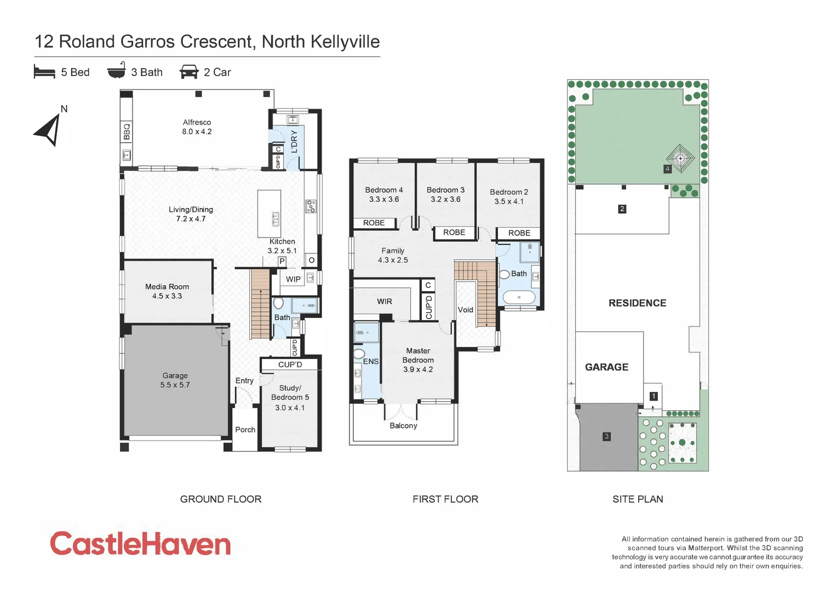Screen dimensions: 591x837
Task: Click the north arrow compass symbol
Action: point(48,130)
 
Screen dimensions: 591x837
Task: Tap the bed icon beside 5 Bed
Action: point(44,72)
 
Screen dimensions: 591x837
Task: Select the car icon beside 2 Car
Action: point(189,72)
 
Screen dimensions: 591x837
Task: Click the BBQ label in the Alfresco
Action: point(127,131)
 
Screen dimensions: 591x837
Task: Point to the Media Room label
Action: point(167,287)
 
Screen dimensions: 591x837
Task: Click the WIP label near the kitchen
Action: point(293,279)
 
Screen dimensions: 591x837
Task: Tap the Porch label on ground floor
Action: point(245,430)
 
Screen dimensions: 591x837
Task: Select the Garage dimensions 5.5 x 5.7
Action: point(175,385)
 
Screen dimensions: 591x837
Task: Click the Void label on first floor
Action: point(465,310)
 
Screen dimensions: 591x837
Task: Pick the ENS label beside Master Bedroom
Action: point(370,361)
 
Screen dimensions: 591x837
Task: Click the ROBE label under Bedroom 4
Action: point(374,223)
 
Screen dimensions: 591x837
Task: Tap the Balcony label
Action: point(403,426)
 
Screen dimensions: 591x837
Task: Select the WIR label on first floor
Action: point(384,302)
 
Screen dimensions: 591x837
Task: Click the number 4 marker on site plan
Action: point(667,169)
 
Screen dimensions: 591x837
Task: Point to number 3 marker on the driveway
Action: point(606,436)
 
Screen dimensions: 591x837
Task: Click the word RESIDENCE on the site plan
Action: point(637,303)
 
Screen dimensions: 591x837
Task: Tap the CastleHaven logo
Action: point(140,544)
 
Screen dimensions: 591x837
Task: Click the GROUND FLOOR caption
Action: point(221,499)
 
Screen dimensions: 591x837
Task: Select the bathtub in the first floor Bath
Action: point(518,298)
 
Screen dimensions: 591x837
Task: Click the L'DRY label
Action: point(294,141)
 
